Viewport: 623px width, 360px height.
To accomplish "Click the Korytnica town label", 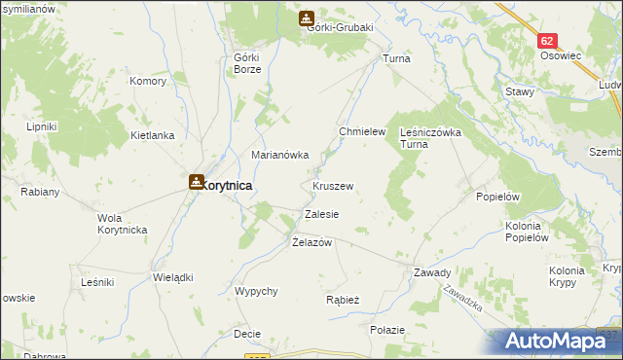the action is coord(229,184).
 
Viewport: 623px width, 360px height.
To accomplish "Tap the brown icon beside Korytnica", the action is coord(196,181).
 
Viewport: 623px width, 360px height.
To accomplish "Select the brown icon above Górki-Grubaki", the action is coord(307,17).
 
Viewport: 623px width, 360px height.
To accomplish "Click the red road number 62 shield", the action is coord(548,41).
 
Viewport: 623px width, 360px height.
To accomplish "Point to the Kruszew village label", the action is coord(333,185).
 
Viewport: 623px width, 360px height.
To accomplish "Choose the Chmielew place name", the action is coord(362,131).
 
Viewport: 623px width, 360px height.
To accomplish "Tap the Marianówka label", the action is coord(280,155).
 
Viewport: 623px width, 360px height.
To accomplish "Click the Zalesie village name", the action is coord(321,213).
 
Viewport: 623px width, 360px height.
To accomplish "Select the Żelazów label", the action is coord(312,242).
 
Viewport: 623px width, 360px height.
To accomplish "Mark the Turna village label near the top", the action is coord(397,59).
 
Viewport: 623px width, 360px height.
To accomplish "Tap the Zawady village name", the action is coord(432,272).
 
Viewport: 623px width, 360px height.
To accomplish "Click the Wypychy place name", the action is coord(257,291).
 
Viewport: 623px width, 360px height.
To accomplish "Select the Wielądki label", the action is coord(173,277).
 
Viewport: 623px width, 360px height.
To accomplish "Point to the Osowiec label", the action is coord(561,56).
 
